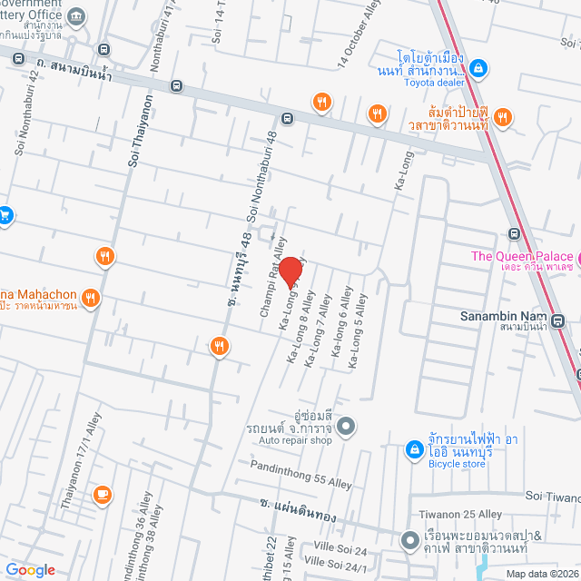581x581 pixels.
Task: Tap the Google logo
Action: pos(30,570)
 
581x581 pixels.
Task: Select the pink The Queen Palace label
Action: pos(522,256)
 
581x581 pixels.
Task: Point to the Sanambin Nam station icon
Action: pos(556,320)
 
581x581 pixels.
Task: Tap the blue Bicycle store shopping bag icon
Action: pos(413,448)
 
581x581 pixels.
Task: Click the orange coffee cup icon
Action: pos(102,495)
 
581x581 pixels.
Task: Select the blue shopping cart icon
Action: pos(5,215)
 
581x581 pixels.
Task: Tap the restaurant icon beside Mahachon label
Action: pos(89,297)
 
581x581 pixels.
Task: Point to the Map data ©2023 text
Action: pos(540,573)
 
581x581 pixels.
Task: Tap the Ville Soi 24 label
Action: pos(341,551)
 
